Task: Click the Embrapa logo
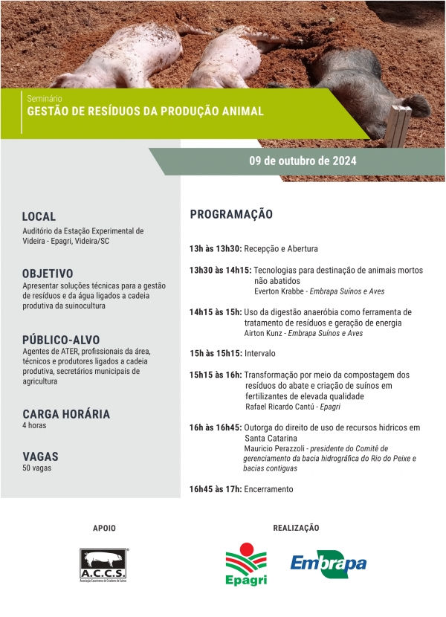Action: [328, 563]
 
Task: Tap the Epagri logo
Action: [246, 564]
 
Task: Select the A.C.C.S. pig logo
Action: [104, 566]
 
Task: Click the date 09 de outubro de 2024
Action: [303, 161]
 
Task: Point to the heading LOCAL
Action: [39, 216]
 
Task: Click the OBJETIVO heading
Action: [48, 273]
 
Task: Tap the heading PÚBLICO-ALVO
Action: [61, 339]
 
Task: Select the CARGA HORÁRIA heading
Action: [66, 413]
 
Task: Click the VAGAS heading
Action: [40, 456]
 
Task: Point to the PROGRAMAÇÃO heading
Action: [231, 214]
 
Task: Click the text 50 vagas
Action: [37, 468]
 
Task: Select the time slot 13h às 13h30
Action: [215, 248]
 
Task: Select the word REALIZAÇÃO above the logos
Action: [296, 528]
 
